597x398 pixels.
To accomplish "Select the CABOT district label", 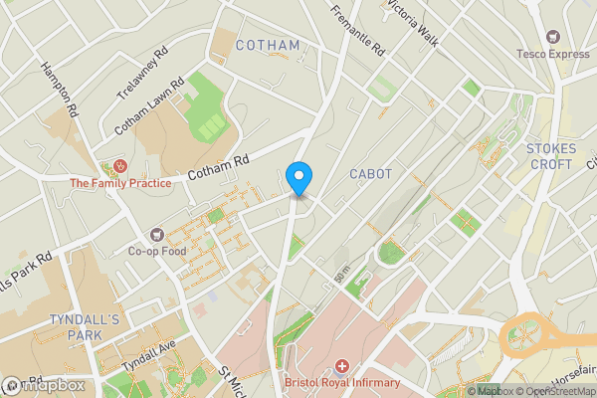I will coord(370,174).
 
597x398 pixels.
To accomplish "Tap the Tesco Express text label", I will coord(552,54).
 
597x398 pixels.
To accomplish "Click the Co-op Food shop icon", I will coord(156,235).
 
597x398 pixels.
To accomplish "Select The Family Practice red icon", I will coord(121,165).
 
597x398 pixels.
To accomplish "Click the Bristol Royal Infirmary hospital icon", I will coord(342,367).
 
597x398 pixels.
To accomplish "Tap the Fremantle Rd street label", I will coord(355,30).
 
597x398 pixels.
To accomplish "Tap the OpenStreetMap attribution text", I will coord(554,391).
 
